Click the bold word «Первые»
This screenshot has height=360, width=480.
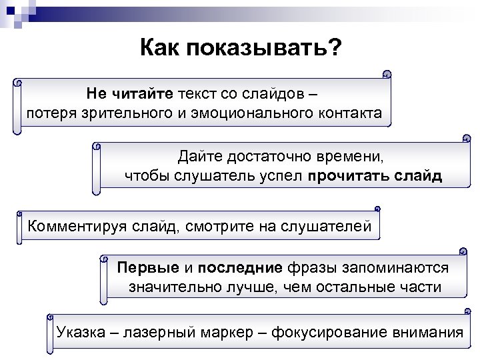[148, 268]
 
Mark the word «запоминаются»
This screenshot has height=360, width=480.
[397, 268]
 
